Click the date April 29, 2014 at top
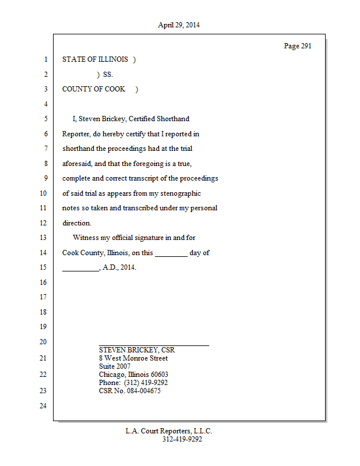click(x=179, y=25)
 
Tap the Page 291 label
click(x=297, y=46)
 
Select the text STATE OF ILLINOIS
click(x=95, y=59)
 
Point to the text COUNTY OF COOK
click(x=94, y=89)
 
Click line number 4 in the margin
click(x=45, y=104)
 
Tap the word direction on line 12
click(x=76, y=223)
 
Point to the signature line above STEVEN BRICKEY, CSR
click(x=154, y=345)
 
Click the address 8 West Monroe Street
click(x=133, y=358)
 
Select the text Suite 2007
click(x=115, y=366)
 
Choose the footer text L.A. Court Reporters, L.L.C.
click(x=169, y=431)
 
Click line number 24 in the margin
click(x=43, y=406)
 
